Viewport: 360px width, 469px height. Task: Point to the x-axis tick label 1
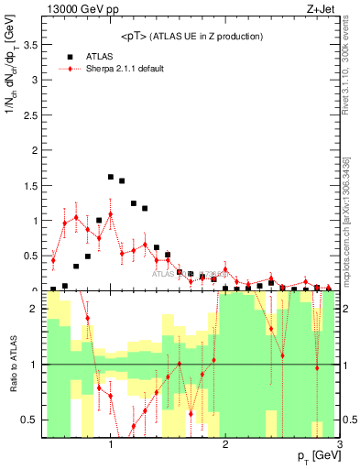(111, 445)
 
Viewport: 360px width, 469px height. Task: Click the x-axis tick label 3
(339, 445)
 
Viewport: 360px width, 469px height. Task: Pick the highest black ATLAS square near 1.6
(111, 176)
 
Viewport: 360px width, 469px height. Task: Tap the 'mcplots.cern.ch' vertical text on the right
(353, 247)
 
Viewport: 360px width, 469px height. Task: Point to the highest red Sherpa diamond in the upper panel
(111, 214)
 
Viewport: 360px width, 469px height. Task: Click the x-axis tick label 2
(225, 445)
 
